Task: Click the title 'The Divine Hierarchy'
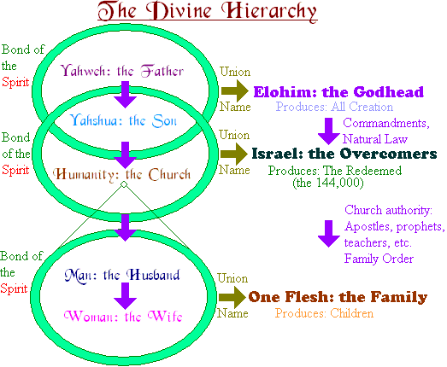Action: tap(207, 11)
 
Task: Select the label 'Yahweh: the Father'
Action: tap(122, 71)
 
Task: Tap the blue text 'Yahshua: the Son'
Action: tap(123, 120)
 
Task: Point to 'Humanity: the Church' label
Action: tap(122, 174)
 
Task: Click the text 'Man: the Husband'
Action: tap(122, 275)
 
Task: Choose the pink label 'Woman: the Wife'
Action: tap(123, 316)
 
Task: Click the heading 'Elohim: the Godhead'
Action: tap(338, 92)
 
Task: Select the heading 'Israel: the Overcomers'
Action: tap(344, 154)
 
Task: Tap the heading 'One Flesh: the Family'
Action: tap(338, 297)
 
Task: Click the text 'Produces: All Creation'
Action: tap(334, 107)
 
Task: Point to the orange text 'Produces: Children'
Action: tap(324, 313)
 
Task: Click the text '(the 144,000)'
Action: tap(328, 183)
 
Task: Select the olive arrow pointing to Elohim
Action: tap(235, 90)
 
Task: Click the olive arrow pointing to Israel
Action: tap(234, 154)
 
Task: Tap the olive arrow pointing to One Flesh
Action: tap(232, 297)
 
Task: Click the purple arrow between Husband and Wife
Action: tap(125, 296)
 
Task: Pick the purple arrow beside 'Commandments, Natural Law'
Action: tap(329, 131)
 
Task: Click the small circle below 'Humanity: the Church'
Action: tap(124, 184)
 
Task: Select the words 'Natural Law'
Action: tap(375, 139)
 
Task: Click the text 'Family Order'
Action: tap(379, 259)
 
